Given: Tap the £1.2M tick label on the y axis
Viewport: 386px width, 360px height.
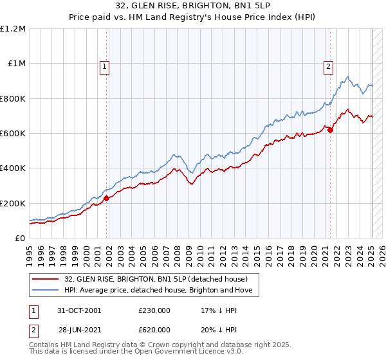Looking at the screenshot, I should (13, 29).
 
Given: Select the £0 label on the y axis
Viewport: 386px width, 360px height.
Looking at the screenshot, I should (19, 239).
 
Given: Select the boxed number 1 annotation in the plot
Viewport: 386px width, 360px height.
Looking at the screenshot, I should (104, 65).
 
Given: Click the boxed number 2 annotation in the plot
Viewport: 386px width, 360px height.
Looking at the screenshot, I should (328, 65).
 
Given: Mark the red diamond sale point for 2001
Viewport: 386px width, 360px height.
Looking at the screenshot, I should (107, 198).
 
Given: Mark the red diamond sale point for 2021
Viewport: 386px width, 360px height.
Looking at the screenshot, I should (330, 130).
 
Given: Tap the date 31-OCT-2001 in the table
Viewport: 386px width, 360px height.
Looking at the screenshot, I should (80, 310).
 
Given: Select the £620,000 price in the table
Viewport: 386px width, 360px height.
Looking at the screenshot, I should (154, 329).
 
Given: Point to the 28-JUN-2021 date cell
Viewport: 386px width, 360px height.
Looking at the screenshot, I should (80, 329).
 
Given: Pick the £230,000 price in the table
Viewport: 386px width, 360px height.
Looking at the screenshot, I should (154, 310).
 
